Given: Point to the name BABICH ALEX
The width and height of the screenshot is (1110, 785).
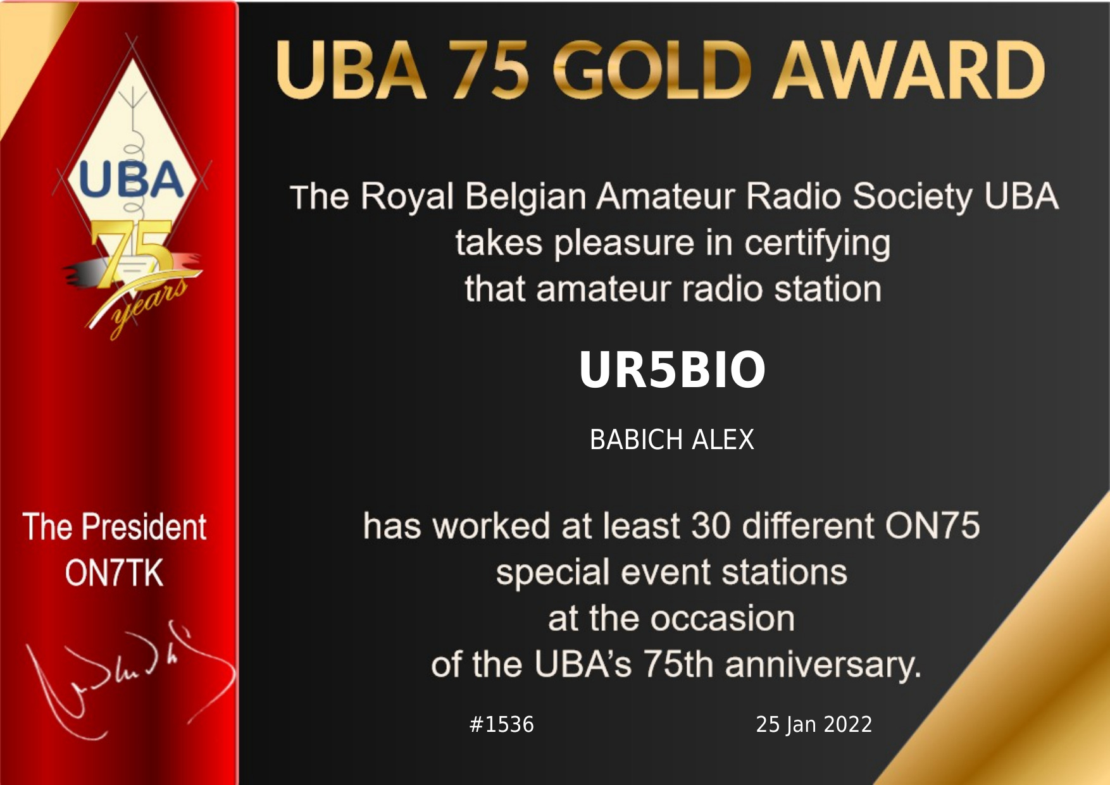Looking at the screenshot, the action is click(x=671, y=440).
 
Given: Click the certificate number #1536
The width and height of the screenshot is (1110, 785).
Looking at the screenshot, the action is click(x=502, y=724).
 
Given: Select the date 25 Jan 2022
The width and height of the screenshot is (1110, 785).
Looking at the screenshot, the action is click(x=814, y=724).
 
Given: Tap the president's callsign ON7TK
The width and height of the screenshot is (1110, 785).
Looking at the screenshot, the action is click(x=114, y=573).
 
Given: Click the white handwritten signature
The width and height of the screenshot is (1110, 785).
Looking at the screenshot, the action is click(x=127, y=680).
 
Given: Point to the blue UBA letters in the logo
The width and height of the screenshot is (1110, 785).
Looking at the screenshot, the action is click(x=131, y=180).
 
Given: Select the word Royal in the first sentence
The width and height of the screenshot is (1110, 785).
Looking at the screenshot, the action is click(x=407, y=197).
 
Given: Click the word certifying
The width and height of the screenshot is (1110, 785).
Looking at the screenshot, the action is click(x=817, y=244).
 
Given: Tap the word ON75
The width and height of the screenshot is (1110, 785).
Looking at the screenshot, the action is click(x=932, y=526).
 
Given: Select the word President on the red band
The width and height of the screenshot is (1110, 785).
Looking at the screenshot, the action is click(x=144, y=527).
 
